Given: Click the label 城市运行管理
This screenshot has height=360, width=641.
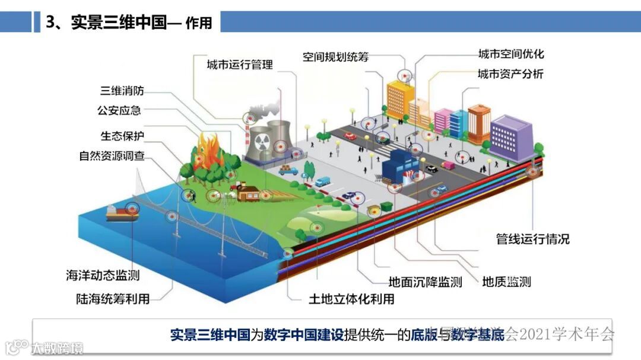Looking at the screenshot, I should (240, 65).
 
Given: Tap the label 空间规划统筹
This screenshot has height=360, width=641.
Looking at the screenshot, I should (336, 57).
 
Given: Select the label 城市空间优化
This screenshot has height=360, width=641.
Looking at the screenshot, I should (511, 55).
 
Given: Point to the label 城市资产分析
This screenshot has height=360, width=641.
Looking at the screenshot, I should (510, 74).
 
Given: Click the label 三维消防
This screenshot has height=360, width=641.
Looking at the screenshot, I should (122, 91).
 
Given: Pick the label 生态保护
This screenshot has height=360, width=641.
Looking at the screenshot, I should (122, 136).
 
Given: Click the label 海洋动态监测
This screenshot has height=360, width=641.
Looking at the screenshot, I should (103, 275).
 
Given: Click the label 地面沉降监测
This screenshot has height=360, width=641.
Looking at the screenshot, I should (425, 282).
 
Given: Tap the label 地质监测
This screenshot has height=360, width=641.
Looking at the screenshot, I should (506, 282).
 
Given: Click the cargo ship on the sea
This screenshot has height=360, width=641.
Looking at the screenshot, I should (122, 212).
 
